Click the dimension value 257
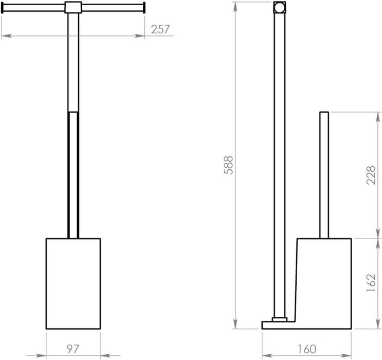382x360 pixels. click(x=160, y=29)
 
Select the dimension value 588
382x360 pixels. click(x=230, y=165)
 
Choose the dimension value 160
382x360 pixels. click(x=306, y=350)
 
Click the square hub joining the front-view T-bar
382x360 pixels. click(x=73, y=8)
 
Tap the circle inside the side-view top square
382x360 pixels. click(x=279, y=8)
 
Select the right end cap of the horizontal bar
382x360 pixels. click(x=144, y=7)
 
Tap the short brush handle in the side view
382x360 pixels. click(x=324, y=175)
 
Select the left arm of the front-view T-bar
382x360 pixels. click(x=34, y=7)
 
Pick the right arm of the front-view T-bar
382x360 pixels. click(x=112, y=7)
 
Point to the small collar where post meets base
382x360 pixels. click(x=279, y=319)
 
